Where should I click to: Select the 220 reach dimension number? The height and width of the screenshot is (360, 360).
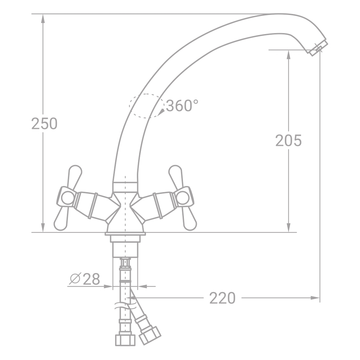(223, 298)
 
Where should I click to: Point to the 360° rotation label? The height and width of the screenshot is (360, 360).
(182, 105)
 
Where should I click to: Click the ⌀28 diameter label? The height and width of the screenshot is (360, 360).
(85, 279)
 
